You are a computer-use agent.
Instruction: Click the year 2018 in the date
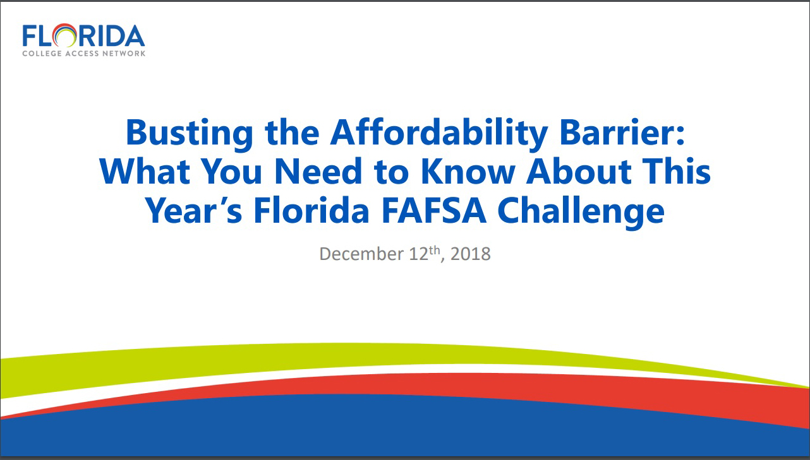pos(471,254)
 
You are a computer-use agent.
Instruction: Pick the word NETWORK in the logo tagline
pos(126,54)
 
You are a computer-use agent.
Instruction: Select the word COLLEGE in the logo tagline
pos(42,54)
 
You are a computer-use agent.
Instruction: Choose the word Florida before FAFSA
pos(311,212)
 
